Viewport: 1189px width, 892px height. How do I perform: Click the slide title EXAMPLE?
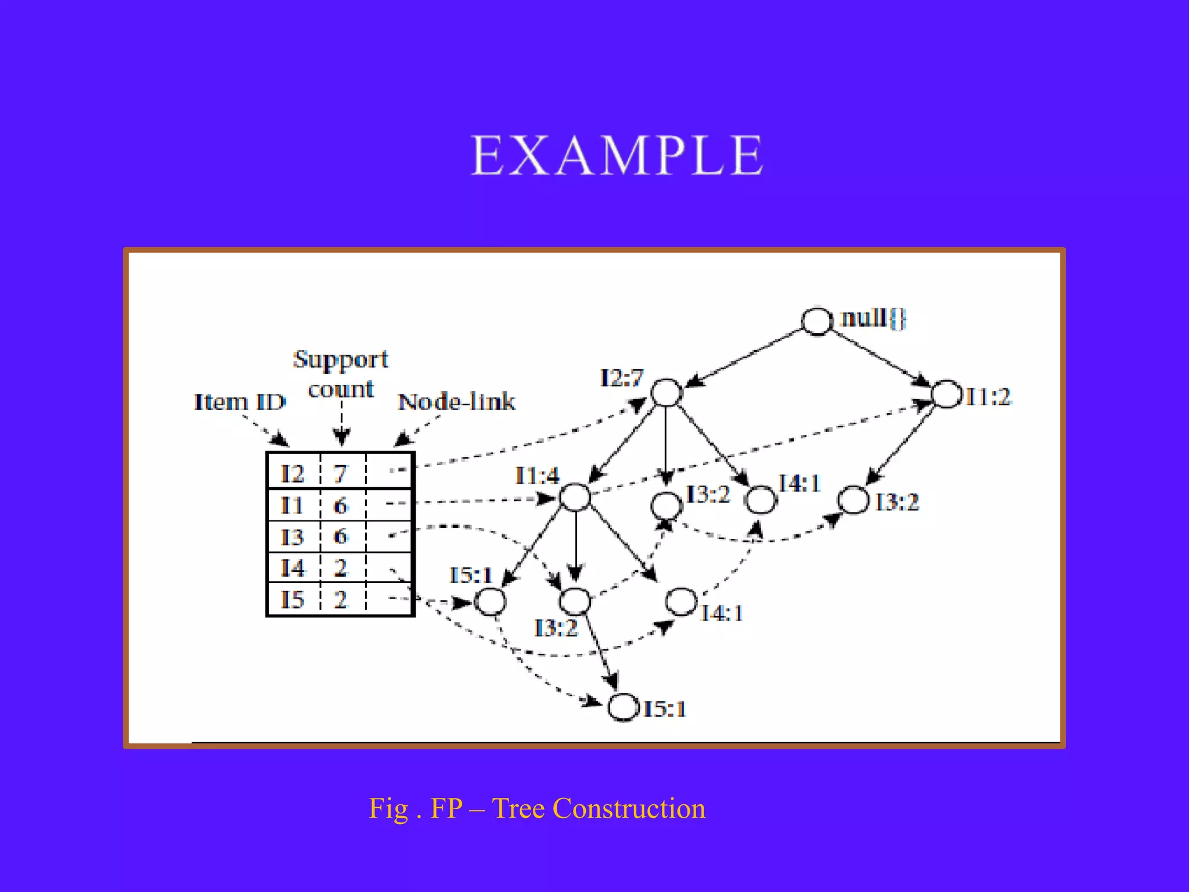pos(617,155)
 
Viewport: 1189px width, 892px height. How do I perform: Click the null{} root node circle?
pos(817,321)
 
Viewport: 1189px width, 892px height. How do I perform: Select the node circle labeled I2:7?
pos(666,393)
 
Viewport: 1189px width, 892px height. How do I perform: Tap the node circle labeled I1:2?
pos(947,394)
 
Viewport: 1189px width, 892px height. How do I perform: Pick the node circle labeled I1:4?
pos(575,497)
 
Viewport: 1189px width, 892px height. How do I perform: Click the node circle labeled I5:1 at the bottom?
pos(623,707)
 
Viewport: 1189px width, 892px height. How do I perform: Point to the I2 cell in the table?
pos(293,474)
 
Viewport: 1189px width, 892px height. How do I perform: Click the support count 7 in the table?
pos(340,474)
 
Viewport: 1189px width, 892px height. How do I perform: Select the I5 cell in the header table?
pos(293,599)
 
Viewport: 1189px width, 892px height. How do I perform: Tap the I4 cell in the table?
pos(293,567)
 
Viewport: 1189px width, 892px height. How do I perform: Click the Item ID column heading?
pos(240,402)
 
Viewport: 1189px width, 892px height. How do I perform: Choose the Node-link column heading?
pos(456,402)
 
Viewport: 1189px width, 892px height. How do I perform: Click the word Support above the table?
pos(341,359)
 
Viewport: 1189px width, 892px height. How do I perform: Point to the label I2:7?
pos(622,378)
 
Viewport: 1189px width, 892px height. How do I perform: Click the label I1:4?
pos(537,476)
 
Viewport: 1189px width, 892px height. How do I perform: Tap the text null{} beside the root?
pos(873,318)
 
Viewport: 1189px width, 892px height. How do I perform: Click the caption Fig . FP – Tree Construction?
pos(537,808)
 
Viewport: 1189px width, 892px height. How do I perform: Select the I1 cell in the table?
pos(293,505)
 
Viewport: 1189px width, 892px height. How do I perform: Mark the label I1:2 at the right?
pos(988,397)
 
